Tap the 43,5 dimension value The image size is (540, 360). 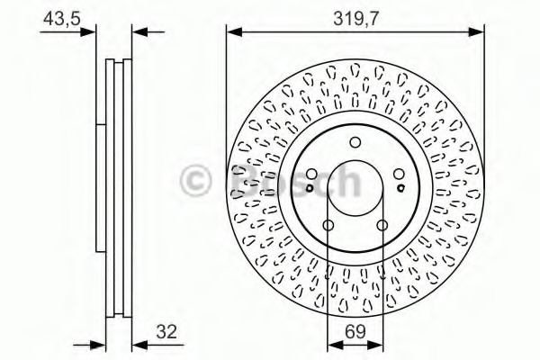click(59, 15)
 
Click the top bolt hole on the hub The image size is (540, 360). click(355, 142)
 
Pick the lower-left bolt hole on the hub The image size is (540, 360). click(328, 225)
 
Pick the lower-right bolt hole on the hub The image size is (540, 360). click(382, 225)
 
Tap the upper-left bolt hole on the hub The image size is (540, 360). click(311, 175)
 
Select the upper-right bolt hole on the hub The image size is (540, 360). click(399, 175)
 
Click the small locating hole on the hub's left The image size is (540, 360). click(310, 188)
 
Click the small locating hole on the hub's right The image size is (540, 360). click(400, 188)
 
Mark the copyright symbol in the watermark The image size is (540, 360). click(195, 180)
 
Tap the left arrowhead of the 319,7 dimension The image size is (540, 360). click(231, 31)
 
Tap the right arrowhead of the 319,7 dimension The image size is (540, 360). click(479, 31)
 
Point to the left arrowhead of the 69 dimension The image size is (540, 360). click(331, 343)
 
